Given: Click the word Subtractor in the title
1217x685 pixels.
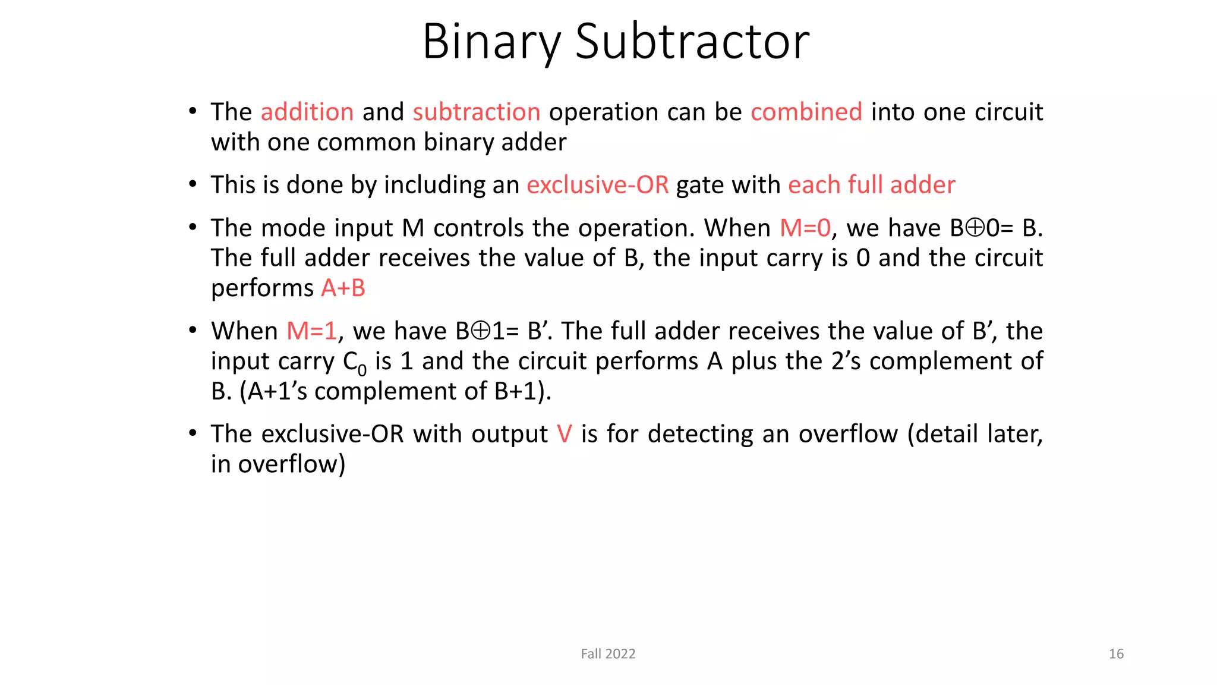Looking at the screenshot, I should [x=692, y=42].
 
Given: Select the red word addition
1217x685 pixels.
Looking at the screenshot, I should [x=307, y=112].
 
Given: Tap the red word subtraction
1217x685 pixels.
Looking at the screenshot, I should [x=477, y=112].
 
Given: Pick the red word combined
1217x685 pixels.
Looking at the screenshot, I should [x=806, y=112].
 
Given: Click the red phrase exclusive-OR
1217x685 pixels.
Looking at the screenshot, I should [x=597, y=185].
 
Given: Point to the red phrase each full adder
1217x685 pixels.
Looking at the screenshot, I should [x=871, y=185].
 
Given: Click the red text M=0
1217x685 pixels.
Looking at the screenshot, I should [x=805, y=228].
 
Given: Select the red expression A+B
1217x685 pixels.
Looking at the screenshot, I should [x=343, y=288].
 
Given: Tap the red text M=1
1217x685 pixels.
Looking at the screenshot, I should [x=311, y=331].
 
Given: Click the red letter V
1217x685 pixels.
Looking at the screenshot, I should [x=565, y=434].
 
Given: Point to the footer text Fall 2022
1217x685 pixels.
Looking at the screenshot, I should [x=608, y=654].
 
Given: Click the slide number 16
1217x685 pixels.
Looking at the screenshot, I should [x=1115, y=654].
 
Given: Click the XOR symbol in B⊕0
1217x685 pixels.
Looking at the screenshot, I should [x=975, y=228].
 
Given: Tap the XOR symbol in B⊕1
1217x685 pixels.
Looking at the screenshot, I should [x=480, y=331].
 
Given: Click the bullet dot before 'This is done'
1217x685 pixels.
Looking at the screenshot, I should [x=193, y=185].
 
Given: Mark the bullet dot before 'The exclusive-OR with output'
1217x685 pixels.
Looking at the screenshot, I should [x=193, y=434].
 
